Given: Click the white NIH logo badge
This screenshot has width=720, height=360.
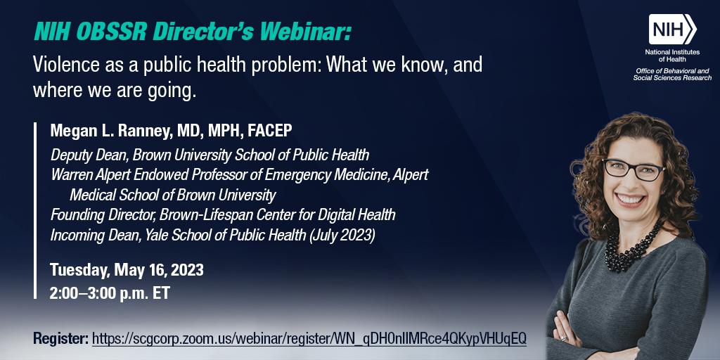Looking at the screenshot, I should (672, 30).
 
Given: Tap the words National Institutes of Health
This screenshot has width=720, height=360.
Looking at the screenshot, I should (671, 56).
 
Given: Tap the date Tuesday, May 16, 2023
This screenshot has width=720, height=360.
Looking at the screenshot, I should (127, 270).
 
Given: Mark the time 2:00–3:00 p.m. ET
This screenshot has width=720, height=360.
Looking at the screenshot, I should (110, 292).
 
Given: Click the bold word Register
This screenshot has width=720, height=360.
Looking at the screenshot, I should (60, 339).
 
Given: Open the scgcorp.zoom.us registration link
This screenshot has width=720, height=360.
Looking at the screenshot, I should (309, 339).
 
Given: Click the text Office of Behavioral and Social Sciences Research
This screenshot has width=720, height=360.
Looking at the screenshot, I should (672, 75).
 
